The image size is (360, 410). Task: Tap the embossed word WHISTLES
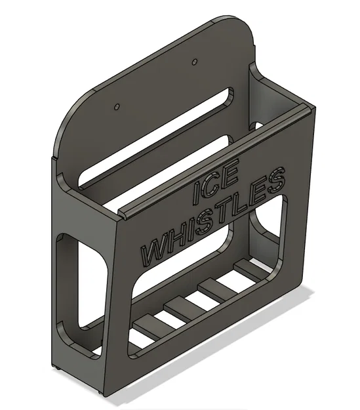point(213,218)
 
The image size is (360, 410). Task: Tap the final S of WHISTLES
point(277,180)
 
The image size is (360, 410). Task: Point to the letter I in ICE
point(197,193)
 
